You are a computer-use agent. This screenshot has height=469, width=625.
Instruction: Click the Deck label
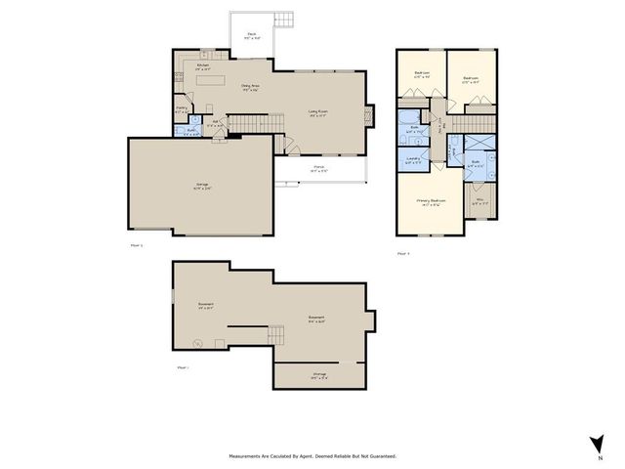252,35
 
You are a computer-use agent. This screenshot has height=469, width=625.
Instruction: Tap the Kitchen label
203,67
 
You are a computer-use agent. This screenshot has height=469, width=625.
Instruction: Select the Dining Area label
251,88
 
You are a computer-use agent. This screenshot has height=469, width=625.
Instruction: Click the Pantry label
183,109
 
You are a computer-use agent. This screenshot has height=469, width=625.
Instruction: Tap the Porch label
319,169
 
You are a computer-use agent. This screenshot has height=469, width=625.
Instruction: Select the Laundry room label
413,160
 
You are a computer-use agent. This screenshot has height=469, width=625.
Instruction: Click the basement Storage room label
319,374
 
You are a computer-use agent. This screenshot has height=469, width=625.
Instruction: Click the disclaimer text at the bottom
312,455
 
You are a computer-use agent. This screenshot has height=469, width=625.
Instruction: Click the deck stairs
284,21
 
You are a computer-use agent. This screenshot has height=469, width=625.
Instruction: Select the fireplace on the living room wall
369,115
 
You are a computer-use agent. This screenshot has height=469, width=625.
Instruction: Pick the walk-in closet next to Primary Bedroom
479,205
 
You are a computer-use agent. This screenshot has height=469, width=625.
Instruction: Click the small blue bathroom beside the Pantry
192,130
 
